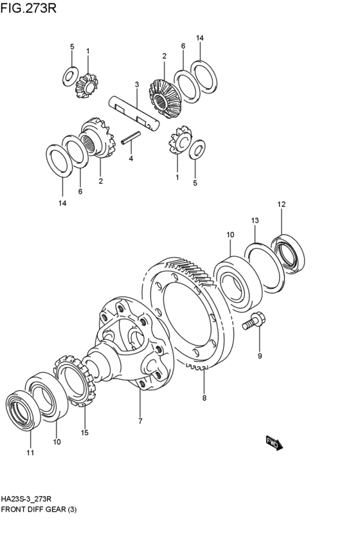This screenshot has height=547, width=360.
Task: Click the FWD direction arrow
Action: [x=274, y=443]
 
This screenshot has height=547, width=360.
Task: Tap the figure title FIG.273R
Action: [x=28, y=8]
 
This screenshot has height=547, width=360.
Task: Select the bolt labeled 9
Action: [x=253, y=321]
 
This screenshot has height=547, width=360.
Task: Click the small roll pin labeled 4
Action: [x=130, y=137]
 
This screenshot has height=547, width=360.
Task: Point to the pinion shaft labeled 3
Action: [x=134, y=113]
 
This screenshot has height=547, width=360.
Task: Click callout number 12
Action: [x=282, y=204]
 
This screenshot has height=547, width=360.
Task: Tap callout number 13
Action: [x=255, y=220]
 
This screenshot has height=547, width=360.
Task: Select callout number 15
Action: [x=84, y=433]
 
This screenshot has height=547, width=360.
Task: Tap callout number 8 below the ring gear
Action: [x=204, y=397]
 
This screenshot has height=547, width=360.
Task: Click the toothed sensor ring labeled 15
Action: [x=75, y=381]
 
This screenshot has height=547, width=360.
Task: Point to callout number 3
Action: [x=137, y=84]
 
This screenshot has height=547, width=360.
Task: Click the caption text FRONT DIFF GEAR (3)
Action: [x=39, y=509]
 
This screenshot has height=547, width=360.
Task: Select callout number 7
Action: [x=140, y=421]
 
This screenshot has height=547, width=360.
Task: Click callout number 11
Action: [x=30, y=453]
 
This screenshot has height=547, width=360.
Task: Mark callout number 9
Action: [x=260, y=356]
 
